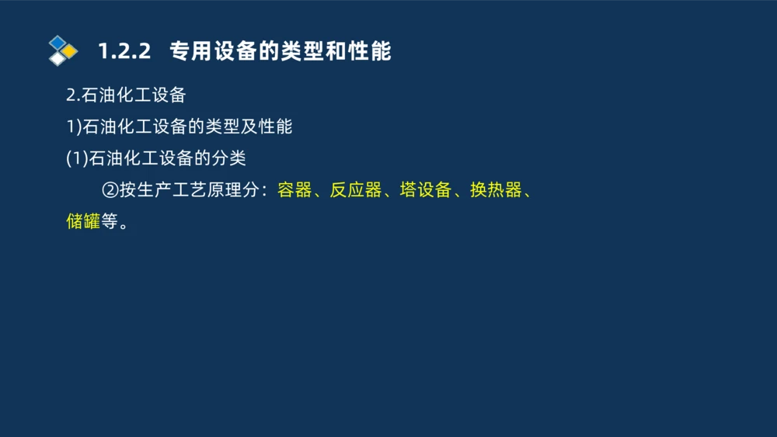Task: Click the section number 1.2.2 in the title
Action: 123,51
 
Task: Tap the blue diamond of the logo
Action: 57,43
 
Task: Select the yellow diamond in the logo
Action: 69,51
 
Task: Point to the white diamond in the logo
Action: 57,59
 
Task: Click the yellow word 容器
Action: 294,190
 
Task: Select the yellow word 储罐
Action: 83,222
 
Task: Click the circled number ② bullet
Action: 110,190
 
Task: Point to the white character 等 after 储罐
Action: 110,222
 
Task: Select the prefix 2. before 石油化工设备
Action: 73,95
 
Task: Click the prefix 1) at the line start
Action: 73,127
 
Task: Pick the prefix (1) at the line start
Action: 77,158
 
